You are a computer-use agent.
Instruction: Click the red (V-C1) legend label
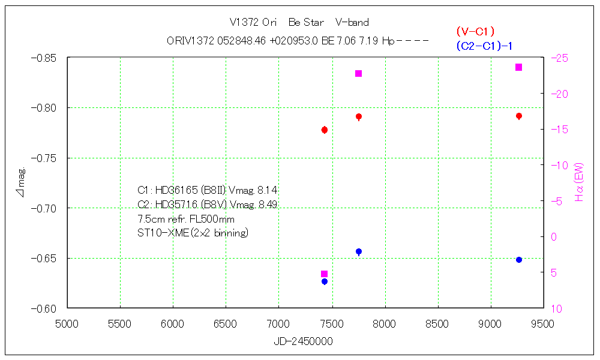coord(475,32)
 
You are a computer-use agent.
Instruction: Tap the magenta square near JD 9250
coord(518,67)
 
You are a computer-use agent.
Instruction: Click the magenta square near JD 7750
coord(358,74)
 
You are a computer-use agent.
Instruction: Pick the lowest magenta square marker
coord(324,274)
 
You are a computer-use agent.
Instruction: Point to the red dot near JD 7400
coord(324,130)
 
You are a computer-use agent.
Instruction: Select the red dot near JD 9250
coord(518,116)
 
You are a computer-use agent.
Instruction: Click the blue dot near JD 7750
coord(358,251)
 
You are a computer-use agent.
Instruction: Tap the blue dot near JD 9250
coord(518,260)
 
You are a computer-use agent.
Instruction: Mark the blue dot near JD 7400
coord(324,281)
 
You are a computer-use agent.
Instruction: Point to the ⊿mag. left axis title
coord(22,182)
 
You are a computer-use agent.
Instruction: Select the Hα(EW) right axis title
coord(579,181)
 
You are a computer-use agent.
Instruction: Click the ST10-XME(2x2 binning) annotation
coord(193,232)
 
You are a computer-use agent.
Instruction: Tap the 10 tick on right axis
coord(557,308)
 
